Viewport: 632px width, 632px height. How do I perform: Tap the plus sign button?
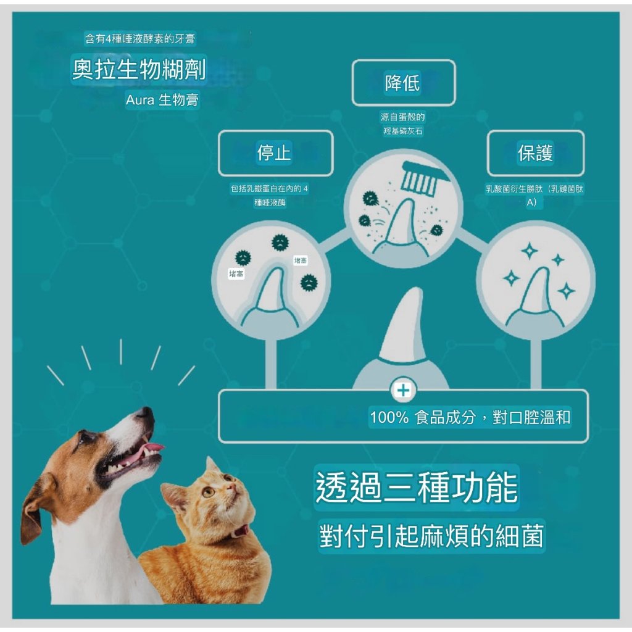coord(404,390)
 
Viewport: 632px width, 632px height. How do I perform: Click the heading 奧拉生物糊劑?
coord(139,69)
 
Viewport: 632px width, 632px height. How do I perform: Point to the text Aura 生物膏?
coord(162,100)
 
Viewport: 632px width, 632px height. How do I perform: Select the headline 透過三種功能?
coord(417,488)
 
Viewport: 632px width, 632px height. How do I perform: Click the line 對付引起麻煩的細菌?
coord(431,536)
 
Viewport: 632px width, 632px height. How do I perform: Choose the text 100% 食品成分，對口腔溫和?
coord(470,417)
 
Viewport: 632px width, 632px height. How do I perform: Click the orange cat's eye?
coord(208,491)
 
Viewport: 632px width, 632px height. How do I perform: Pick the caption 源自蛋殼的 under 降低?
coord(402,117)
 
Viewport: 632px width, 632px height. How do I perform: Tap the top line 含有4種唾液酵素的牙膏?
coord(140,39)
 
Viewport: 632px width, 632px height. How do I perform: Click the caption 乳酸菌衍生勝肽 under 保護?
coord(514,189)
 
